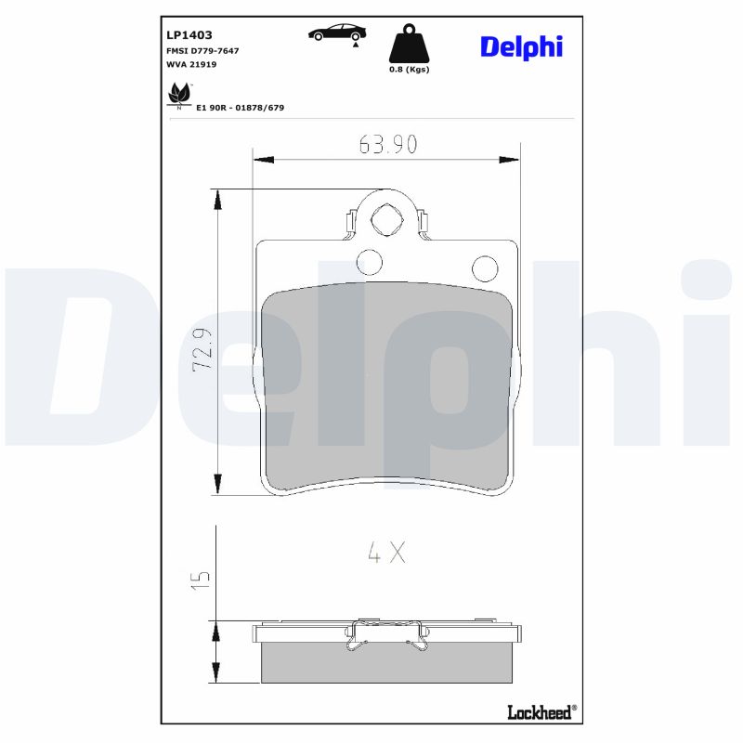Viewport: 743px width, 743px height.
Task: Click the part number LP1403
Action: click(189, 34)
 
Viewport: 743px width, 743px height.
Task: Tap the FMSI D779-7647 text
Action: click(202, 50)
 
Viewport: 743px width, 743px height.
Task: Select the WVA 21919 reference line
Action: click(192, 65)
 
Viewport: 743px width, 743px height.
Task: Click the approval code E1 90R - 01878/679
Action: click(240, 108)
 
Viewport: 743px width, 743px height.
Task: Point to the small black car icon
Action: click(337, 33)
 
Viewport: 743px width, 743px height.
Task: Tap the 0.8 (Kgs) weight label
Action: click(409, 69)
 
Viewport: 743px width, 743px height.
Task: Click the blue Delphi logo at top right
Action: click(521, 46)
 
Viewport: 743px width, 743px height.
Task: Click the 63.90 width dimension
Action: click(387, 144)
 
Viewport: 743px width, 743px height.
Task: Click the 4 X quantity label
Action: click(386, 554)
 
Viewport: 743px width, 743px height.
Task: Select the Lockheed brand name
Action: click(540, 711)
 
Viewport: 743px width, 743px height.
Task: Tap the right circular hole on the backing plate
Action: click(484, 267)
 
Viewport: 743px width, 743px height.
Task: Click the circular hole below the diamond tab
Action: click(369, 263)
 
